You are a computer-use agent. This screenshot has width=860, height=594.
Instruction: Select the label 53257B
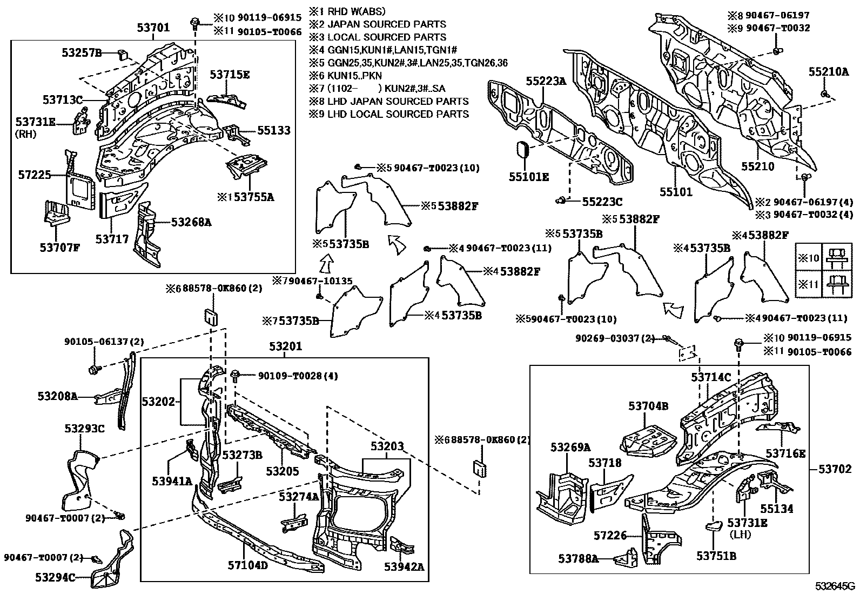(82, 52)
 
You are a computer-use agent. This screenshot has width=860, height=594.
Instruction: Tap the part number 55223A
(546, 81)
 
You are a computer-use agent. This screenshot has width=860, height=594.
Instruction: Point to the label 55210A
(828, 71)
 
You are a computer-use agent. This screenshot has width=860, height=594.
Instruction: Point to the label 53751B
(716, 556)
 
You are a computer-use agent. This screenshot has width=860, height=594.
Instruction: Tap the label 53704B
(648, 406)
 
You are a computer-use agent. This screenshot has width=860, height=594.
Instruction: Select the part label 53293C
(84, 429)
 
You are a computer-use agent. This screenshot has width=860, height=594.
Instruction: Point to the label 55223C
(602, 202)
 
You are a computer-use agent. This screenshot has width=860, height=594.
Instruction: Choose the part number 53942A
(404, 566)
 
